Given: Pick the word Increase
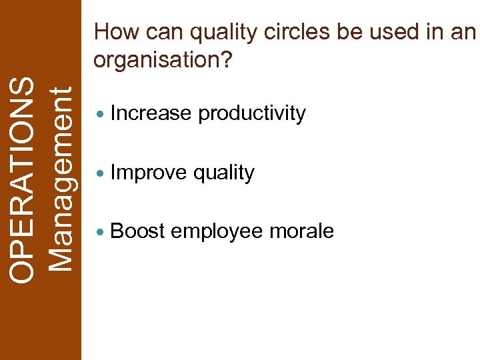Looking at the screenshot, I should pyautogui.click(x=151, y=113).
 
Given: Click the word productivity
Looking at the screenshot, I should pyautogui.click(x=252, y=115).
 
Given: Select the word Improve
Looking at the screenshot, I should pyautogui.click(x=149, y=173).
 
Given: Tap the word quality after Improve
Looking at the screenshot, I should pyautogui.click(x=223, y=173).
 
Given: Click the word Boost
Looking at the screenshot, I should pyautogui.click(x=138, y=231).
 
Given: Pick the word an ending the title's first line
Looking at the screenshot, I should pyautogui.click(x=463, y=32).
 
